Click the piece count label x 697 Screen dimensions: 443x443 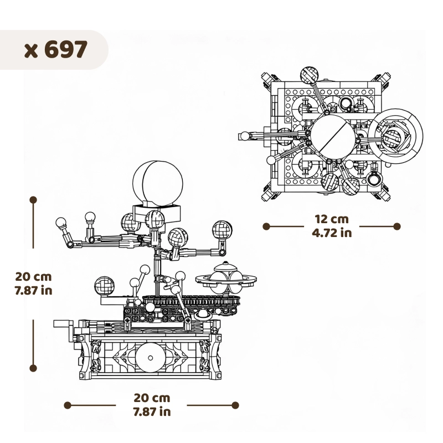[56, 49]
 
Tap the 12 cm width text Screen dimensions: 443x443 [331, 220]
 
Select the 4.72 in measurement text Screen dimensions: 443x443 [331, 233]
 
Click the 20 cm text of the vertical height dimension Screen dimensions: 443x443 [33, 276]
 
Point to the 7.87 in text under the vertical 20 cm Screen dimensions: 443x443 [33, 290]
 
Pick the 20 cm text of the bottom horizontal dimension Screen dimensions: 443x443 [152, 398]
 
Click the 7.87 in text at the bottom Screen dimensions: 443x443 [152, 411]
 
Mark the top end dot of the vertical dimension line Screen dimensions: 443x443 [33, 199]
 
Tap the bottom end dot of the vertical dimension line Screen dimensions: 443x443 [33, 367]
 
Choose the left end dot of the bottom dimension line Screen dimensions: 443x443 [68, 405]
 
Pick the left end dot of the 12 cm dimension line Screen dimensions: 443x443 [266, 226]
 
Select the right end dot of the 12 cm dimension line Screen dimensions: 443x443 [396, 226]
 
